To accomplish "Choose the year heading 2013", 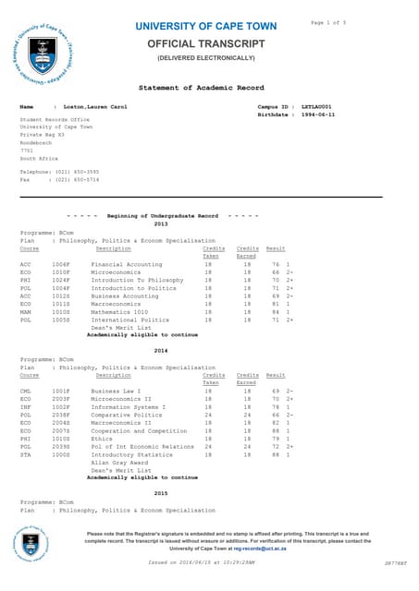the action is click(x=161, y=223).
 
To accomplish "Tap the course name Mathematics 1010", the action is click(x=121, y=312).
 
